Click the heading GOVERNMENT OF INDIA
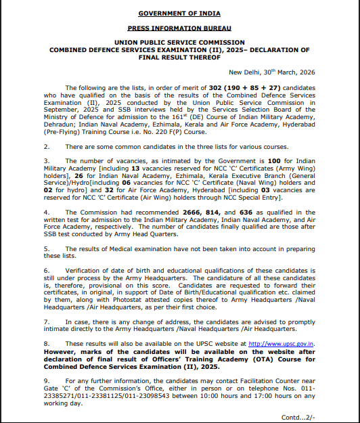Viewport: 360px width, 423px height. pyautogui.click(x=179, y=14)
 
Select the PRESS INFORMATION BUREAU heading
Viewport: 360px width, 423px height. pyautogui.click(x=179, y=28)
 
